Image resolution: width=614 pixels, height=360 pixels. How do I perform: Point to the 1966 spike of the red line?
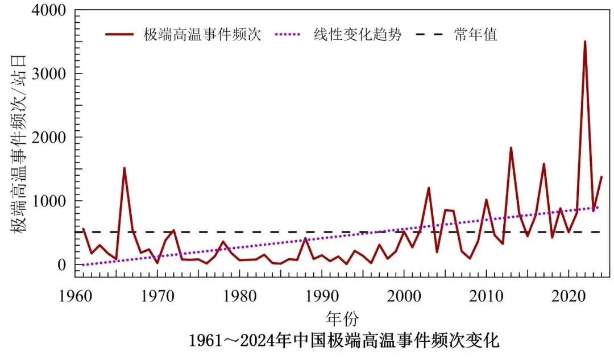coord(124,168)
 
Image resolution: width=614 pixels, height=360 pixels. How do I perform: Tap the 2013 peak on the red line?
coord(511,148)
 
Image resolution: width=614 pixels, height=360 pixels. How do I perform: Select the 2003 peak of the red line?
coord(429,188)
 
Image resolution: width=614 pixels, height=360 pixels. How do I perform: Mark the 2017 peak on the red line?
coord(544,164)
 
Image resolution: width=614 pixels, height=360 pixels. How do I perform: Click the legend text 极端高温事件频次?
coord(202,35)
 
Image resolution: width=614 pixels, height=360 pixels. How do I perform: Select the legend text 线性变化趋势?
coord(358,35)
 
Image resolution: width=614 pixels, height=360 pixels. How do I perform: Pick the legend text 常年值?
coord(476,35)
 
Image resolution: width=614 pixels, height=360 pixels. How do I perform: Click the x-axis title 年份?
coord(342,317)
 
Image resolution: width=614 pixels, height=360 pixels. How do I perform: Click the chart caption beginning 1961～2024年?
coord(344,341)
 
